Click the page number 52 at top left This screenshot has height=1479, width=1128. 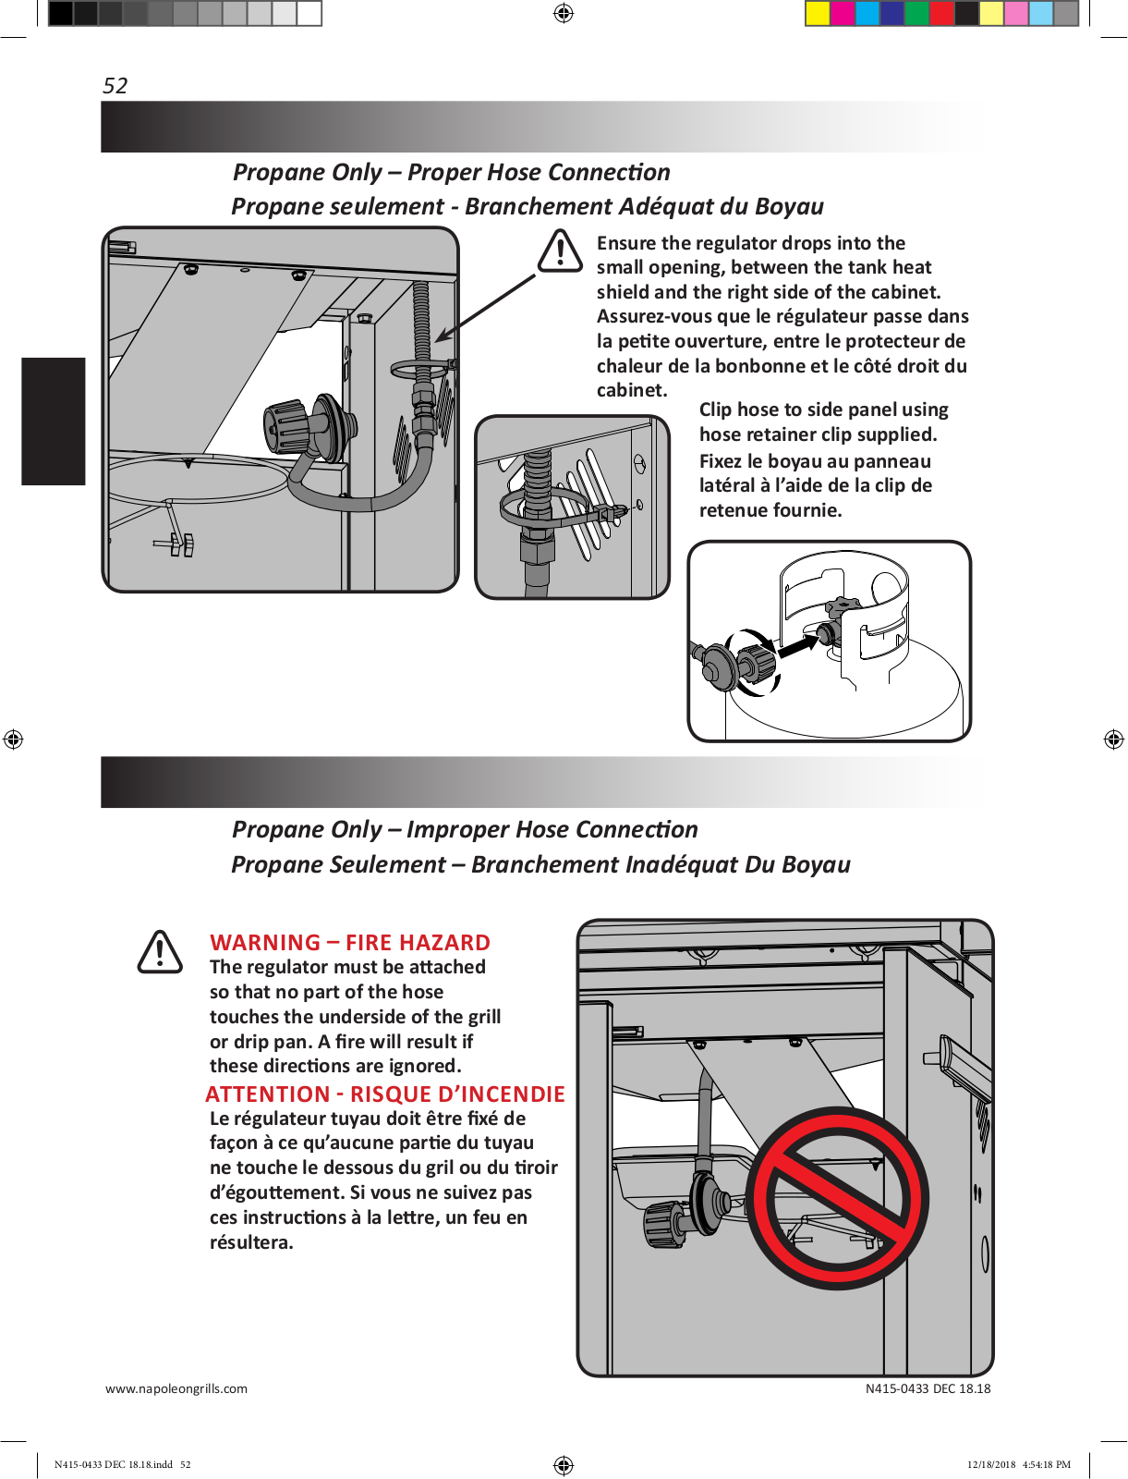pyautogui.click(x=115, y=86)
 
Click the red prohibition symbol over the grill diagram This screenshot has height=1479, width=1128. pyautogui.click(x=837, y=1198)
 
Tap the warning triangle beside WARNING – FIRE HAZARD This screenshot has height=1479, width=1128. pyautogui.click(x=160, y=952)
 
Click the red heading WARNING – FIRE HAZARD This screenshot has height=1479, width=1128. pyautogui.click(x=350, y=942)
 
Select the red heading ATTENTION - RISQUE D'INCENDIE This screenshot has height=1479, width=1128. pyautogui.click(x=385, y=1094)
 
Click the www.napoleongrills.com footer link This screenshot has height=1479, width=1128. pyautogui.click(x=176, y=1388)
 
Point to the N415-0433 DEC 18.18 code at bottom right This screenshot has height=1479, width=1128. pyautogui.click(x=928, y=1388)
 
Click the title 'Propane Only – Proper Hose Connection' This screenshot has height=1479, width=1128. pyautogui.click(x=451, y=173)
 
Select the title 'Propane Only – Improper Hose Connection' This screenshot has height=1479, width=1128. pyautogui.click(x=465, y=829)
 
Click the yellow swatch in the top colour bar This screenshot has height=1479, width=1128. pyautogui.click(x=818, y=13)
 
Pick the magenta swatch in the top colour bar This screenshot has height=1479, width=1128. pyautogui.click(x=843, y=13)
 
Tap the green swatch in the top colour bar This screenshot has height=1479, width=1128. pyautogui.click(x=916, y=13)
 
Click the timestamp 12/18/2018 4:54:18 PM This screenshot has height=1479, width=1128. pyautogui.click(x=1019, y=1464)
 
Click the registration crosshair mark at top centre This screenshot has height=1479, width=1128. pyautogui.click(x=564, y=13)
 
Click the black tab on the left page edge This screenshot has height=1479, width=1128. pyautogui.click(x=54, y=421)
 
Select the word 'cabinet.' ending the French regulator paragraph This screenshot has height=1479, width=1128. pyautogui.click(x=632, y=390)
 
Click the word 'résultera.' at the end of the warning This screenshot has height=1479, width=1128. pyautogui.click(x=251, y=1242)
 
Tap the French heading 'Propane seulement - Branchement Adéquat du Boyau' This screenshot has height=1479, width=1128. pyautogui.click(x=527, y=207)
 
